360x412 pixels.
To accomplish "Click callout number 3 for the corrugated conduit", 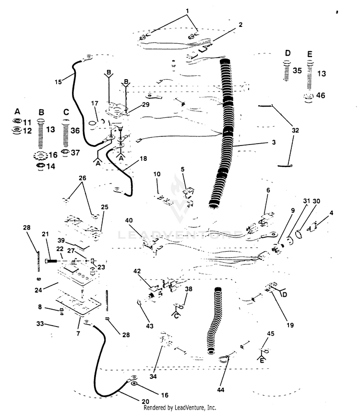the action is point(274,143).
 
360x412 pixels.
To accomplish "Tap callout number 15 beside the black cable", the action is point(58,82).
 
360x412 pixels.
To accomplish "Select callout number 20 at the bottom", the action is point(145,401).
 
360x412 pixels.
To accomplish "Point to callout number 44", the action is point(221,390).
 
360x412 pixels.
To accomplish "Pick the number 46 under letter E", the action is point(320,95).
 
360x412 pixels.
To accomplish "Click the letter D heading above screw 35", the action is point(288,53).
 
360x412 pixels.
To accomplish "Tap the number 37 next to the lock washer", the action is point(75,153).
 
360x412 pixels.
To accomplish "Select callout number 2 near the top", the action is point(240,24).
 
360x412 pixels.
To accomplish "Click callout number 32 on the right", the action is point(295,130).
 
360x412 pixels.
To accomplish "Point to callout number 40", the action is point(129,220).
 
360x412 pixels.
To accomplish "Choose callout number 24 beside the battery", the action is point(38,291).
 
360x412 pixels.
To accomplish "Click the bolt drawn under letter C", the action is point(66,134).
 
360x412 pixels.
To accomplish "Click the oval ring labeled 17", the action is point(92,123).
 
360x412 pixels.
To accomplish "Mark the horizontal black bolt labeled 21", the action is point(52,261).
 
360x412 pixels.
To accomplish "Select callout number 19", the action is point(290,325).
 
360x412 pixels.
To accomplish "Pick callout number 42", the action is point(137,271).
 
